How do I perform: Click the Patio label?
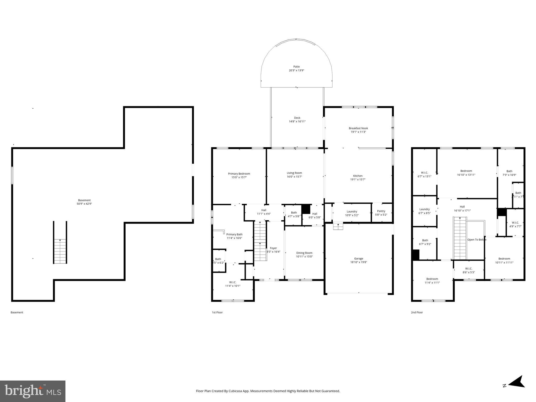click(296, 67)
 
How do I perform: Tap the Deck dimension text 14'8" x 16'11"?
click(297, 121)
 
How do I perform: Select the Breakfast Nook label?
click(358, 128)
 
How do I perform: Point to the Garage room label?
click(359, 259)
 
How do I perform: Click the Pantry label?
click(381, 211)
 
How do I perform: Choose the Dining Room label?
click(304, 253)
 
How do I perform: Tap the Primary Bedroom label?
click(239, 174)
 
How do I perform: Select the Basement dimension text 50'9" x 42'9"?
click(84, 204)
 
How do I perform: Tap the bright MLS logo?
click(33, 391)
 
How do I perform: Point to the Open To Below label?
click(477, 239)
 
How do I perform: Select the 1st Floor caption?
click(217, 312)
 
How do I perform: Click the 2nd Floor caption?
click(417, 312)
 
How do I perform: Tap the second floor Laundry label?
click(424, 209)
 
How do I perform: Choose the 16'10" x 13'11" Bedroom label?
click(466, 171)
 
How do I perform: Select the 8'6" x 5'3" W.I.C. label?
click(468, 269)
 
